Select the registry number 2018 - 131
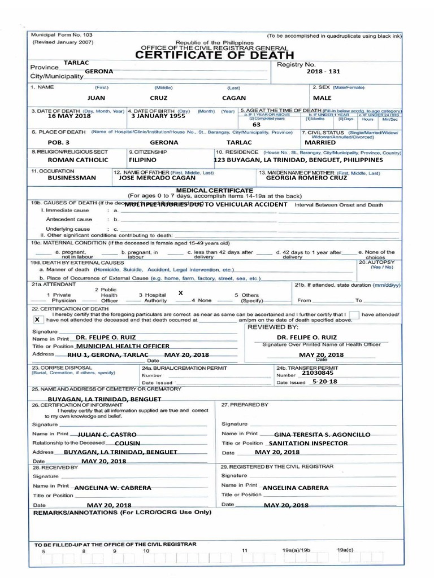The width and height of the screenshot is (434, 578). point(323,72)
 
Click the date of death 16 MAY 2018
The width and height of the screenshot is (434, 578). point(69,116)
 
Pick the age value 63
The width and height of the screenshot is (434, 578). point(257,124)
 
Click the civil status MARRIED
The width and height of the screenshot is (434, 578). point(320,142)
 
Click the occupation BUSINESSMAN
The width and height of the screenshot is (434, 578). point(72,177)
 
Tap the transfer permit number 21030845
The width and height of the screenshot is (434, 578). point(318,373)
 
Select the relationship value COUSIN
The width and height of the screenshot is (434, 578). point(127,443)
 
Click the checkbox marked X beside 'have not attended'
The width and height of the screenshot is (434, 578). point(37,319)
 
